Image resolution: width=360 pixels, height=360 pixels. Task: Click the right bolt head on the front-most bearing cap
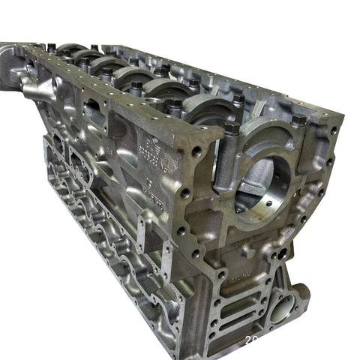click(x=299, y=120)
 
